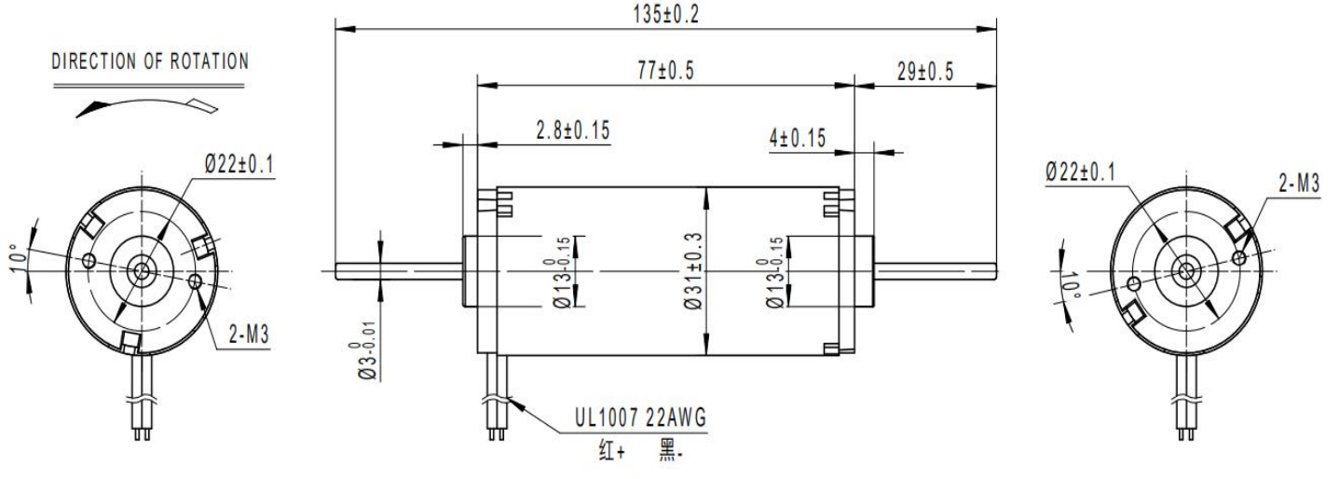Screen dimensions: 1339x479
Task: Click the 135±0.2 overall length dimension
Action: pyautogui.click(x=666, y=15)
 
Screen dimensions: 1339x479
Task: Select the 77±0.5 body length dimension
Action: pyautogui.click(x=666, y=71)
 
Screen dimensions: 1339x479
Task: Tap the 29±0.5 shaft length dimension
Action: pyautogui.click(x=925, y=71)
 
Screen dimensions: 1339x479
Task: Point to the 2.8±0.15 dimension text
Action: pyautogui.click(x=573, y=130)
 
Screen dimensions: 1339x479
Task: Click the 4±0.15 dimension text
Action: pyautogui.click(x=798, y=139)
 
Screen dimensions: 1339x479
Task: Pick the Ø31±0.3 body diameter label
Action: pyautogui.click(x=693, y=271)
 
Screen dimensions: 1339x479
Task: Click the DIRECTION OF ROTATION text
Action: pyautogui.click(x=150, y=62)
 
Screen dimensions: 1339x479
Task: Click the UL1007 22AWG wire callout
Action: pyautogui.click(x=640, y=417)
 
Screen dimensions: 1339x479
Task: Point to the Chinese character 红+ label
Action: pyautogui.click(x=612, y=450)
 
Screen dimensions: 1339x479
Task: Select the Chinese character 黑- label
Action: pyautogui.click(x=670, y=450)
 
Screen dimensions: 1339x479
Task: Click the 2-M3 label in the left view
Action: pyautogui.click(x=250, y=335)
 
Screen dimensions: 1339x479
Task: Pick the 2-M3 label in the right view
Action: pyautogui.click(x=1299, y=184)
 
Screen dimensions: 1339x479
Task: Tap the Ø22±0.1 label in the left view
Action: pyautogui.click(x=239, y=164)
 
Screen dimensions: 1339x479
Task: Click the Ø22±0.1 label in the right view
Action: pyautogui.click(x=1081, y=172)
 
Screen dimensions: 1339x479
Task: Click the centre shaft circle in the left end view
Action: pyautogui.click(x=142, y=271)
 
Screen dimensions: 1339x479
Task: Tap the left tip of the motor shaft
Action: pyautogui.click(x=336, y=271)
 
